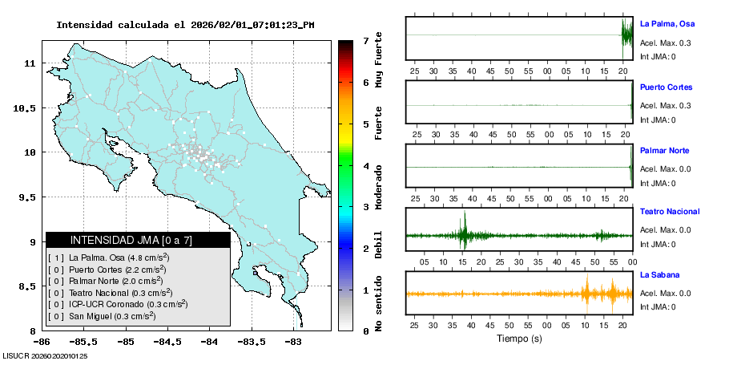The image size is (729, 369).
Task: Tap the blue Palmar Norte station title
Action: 664,151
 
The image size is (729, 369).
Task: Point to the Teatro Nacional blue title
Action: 670,212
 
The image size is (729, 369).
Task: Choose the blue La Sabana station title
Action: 659,274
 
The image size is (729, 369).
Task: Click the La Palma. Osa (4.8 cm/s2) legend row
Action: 119,257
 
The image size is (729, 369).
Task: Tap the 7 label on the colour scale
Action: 365,40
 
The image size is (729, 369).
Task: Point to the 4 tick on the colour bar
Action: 365,166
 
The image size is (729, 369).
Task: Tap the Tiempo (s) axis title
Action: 519,339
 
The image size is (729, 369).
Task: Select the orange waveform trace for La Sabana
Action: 519,294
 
